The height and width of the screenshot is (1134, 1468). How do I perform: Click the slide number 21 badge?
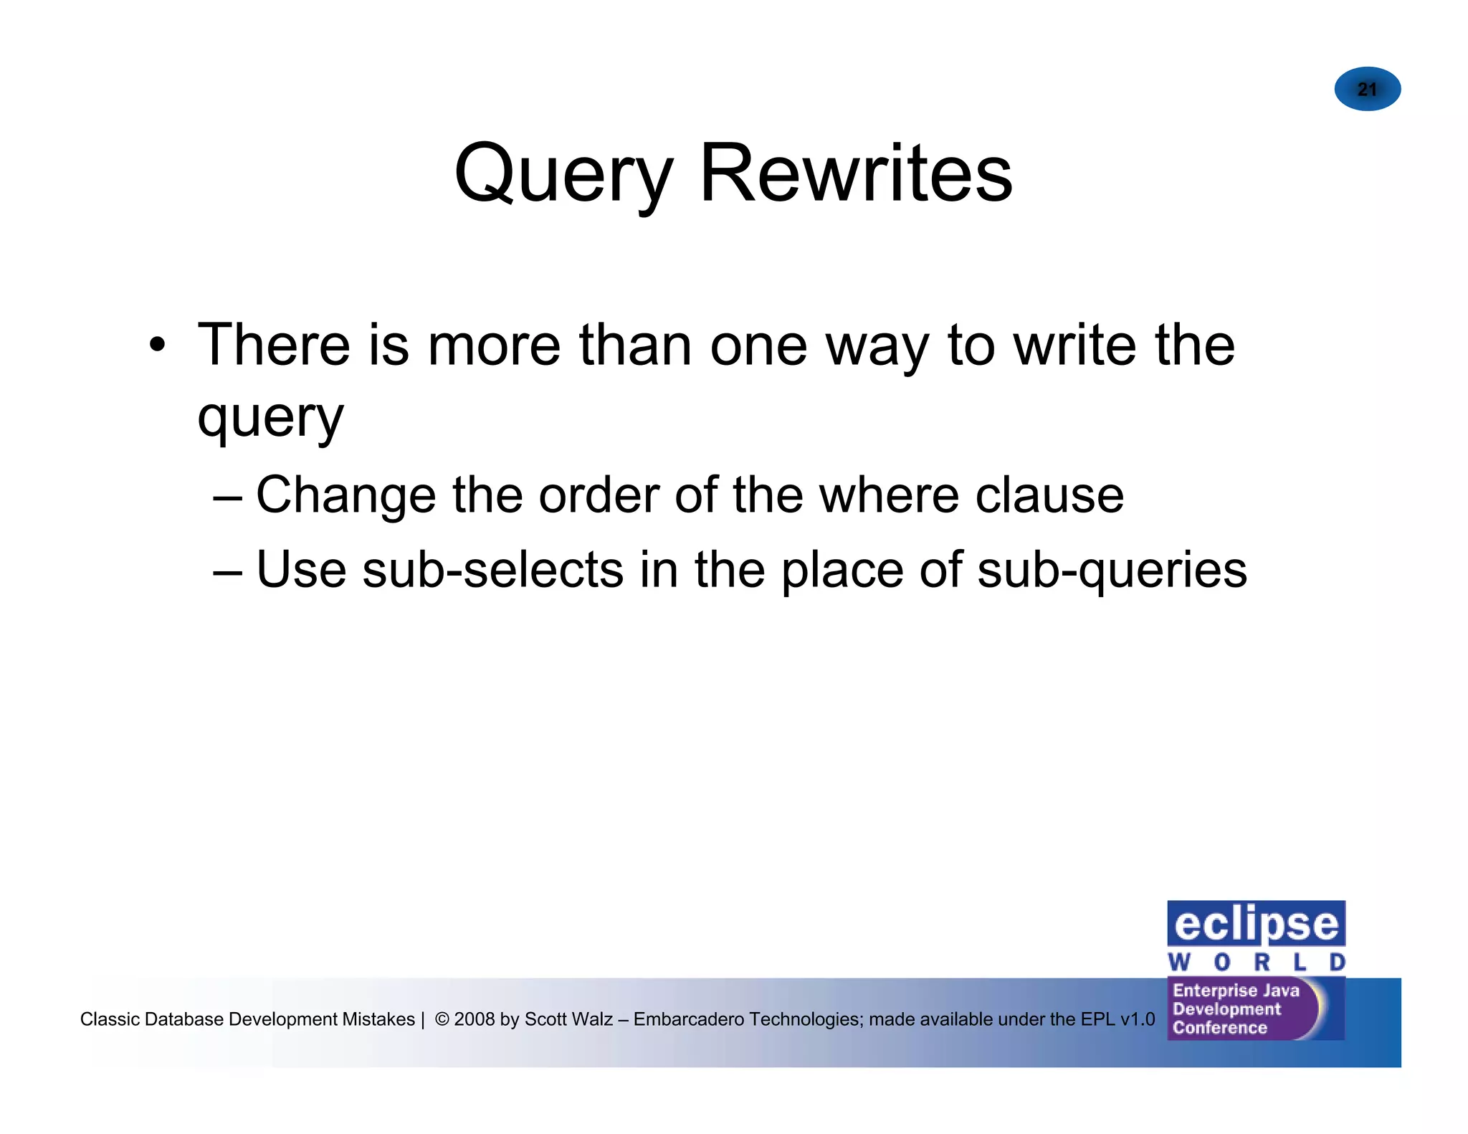1367,89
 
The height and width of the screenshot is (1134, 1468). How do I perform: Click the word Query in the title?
563,175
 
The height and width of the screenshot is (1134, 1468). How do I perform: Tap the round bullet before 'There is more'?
158,346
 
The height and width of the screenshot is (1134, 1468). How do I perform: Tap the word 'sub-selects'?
493,570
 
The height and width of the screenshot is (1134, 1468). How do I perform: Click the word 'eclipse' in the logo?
1256,925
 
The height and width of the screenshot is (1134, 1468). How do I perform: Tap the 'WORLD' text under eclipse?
1256,961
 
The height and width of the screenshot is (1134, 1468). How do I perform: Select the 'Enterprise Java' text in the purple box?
1236,990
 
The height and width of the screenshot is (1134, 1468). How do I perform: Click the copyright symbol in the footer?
442,1019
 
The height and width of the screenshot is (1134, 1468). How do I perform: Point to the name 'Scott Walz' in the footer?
568,1019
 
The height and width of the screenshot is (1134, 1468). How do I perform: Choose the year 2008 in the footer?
474,1019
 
